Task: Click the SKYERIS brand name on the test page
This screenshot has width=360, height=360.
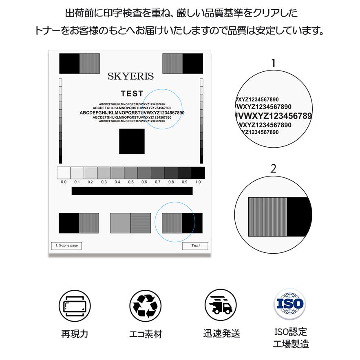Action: (130, 76)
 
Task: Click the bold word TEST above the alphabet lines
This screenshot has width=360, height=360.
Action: (132, 94)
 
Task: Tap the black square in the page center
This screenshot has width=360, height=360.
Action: (132, 141)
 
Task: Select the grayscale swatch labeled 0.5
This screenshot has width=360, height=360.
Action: (131, 173)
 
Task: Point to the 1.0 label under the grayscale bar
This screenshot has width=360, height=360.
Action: (198, 182)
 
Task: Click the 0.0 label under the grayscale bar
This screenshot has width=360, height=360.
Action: (64, 182)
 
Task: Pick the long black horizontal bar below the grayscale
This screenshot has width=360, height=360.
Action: (132, 191)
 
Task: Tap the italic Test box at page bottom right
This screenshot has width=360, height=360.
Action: (195, 246)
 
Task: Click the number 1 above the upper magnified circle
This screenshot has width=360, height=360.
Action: (274, 63)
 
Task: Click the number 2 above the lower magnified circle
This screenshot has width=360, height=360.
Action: (274, 168)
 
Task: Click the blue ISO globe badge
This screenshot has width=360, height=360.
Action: (290, 304)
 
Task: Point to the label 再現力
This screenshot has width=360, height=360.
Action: (75, 334)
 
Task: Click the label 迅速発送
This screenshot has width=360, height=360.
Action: (221, 334)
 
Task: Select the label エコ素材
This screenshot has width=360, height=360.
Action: (146, 334)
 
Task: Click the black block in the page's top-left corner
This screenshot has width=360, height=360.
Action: (69, 63)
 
